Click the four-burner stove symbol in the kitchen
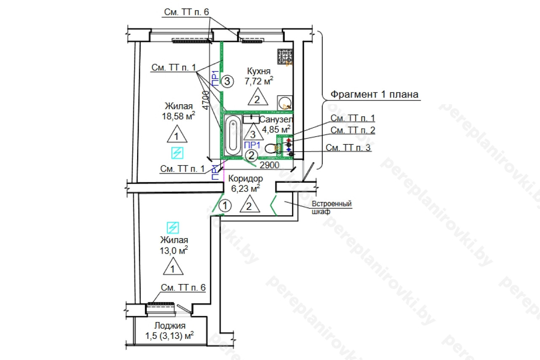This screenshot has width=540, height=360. [x=285, y=57]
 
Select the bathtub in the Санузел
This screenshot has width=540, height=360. [x=232, y=136]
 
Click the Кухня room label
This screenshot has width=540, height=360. [x=259, y=71]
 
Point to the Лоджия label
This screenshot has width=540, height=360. [x=170, y=326]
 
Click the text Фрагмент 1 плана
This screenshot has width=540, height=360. [x=374, y=94]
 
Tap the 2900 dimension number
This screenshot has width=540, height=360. [x=269, y=165]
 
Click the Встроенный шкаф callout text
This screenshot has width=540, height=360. [x=332, y=207]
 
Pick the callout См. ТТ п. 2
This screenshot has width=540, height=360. [x=353, y=130]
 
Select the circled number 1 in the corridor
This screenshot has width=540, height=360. [x=226, y=206]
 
